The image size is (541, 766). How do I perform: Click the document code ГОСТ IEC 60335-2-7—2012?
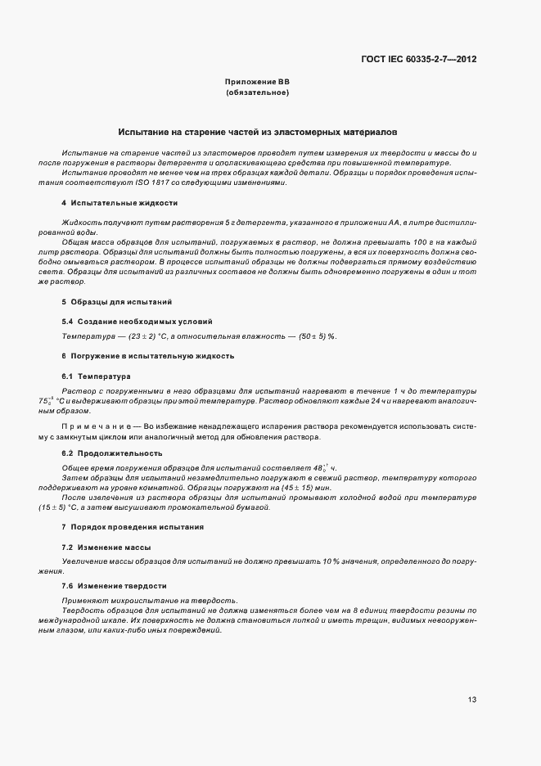point(418,59)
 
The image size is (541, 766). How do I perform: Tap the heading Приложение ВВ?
point(257,83)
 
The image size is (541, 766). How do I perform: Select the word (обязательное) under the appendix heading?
point(257,92)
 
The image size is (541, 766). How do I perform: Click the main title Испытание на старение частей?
point(257,131)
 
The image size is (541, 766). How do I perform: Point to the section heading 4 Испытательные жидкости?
point(119,203)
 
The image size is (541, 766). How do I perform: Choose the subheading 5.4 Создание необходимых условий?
point(130,321)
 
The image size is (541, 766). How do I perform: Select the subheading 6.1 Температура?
point(96,376)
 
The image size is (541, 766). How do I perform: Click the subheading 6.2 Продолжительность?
point(111,453)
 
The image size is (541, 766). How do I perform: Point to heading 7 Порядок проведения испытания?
point(132,527)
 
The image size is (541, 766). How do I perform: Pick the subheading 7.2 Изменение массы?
point(106,547)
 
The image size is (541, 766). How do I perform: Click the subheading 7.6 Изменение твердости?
point(114,586)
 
